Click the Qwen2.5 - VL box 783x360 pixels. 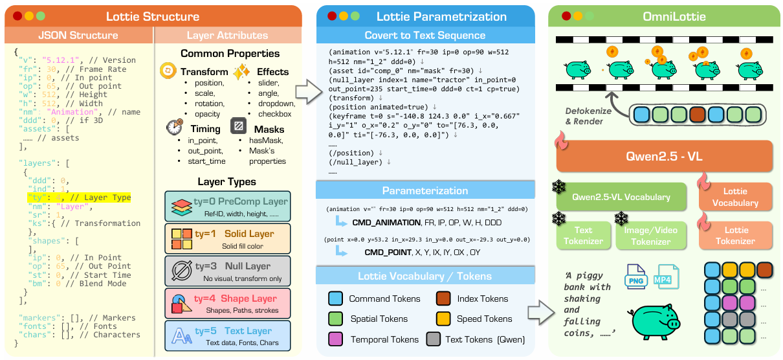[664, 156]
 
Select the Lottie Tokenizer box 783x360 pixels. [736, 236]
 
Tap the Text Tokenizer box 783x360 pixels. [584, 236]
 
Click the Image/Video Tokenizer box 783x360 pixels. [651, 236]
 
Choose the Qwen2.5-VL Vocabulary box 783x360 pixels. [621, 197]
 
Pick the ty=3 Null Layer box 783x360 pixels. [228, 271]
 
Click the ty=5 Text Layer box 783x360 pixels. [228, 336]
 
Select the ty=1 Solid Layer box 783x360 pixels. [228, 239]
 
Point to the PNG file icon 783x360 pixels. [635, 276]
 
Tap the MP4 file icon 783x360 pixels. [668, 276]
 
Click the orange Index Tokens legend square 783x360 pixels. [443, 298]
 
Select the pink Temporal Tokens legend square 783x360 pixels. [335, 339]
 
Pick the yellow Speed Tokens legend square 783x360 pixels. [443, 319]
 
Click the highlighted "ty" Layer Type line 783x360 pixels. [79, 197]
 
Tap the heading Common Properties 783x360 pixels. [230, 54]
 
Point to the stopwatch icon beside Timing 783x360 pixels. [175, 128]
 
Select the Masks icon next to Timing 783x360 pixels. [238, 126]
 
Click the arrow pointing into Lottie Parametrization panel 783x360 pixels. [309, 92]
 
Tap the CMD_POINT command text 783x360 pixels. [388, 253]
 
